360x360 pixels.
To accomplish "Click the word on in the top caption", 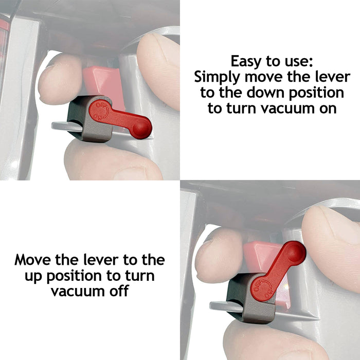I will [327, 109].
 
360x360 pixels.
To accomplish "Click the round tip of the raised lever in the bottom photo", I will [294, 251].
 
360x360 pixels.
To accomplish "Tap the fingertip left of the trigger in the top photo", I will [59, 80].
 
